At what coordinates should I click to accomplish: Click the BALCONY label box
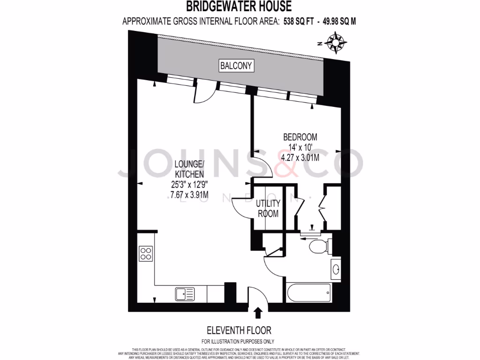click(x=237, y=66)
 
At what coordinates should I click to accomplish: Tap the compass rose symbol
click(x=337, y=42)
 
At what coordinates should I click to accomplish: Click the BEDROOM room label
click(x=300, y=137)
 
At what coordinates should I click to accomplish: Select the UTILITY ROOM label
click(x=268, y=209)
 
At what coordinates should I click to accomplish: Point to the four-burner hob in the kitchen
click(x=145, y=254)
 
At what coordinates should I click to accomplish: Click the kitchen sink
click(x=185, y=294)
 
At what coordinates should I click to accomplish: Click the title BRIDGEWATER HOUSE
click(x=239, y=7)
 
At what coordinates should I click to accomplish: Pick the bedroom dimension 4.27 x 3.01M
click(x=300, y=158)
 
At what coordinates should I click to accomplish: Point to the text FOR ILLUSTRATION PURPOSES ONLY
click(x=238, y=342)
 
